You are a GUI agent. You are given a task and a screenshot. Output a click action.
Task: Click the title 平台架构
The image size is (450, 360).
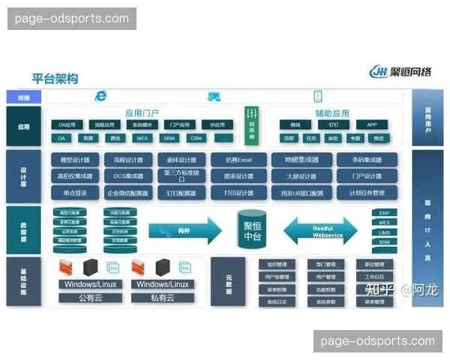click(55, 78)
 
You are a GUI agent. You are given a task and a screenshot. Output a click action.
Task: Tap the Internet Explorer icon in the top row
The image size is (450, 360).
click(100, 96)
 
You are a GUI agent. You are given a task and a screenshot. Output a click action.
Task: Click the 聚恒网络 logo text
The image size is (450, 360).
click(411, 72)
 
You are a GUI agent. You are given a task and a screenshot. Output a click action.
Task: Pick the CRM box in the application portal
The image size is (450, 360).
click(196, 138)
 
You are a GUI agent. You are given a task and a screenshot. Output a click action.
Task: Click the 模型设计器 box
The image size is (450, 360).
click(75, 160)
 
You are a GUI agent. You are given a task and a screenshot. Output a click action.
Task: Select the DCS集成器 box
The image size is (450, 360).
click(128, 176)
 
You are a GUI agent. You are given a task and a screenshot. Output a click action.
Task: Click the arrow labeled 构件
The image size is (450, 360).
click(183, 229)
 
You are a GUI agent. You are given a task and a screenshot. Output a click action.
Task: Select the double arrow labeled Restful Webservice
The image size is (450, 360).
click(321, 229)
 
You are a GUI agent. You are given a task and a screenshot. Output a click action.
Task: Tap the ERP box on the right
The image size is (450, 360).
click(384, 213)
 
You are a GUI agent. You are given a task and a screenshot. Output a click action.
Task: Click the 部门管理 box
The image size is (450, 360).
click(325, 265)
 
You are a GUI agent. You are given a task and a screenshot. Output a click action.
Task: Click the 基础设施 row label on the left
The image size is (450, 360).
click(23, 280)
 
